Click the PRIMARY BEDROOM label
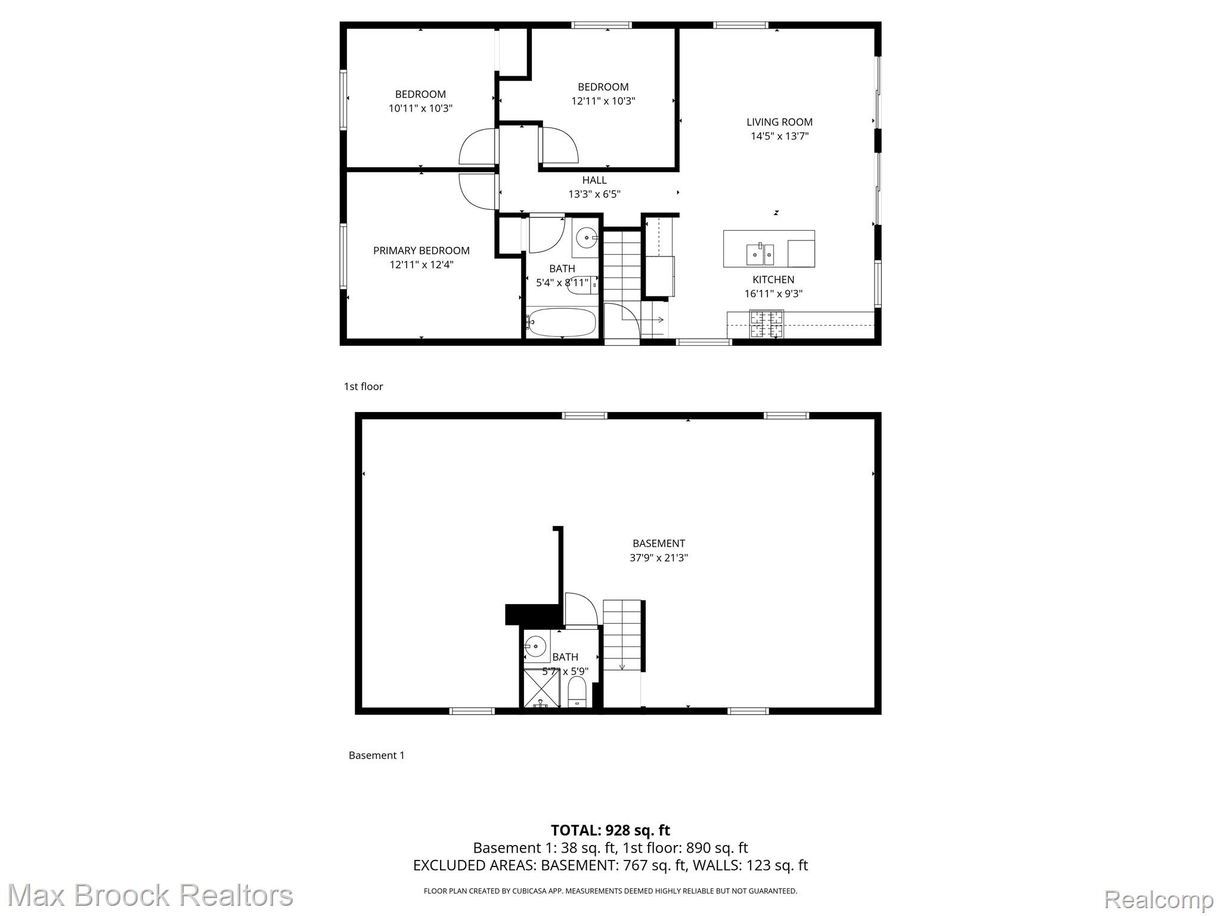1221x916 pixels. point(421,250)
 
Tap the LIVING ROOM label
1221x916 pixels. point(779,122)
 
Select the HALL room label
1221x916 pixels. point(594,180)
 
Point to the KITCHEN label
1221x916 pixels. point(773,279)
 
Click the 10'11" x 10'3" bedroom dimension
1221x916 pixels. point(420,109)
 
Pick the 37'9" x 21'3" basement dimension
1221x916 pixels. point(658,558)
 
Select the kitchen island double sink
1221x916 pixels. point(760,255)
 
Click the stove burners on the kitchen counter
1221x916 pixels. point(767,324)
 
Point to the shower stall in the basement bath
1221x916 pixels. point(542,688)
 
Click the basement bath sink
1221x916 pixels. point(536,646)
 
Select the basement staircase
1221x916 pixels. point(622,635)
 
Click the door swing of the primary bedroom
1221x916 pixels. point(478,191)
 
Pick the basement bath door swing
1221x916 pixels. point(581,609)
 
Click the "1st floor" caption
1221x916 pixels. point(363,386)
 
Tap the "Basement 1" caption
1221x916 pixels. point(376,755)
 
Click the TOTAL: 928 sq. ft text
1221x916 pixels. point(610,830)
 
